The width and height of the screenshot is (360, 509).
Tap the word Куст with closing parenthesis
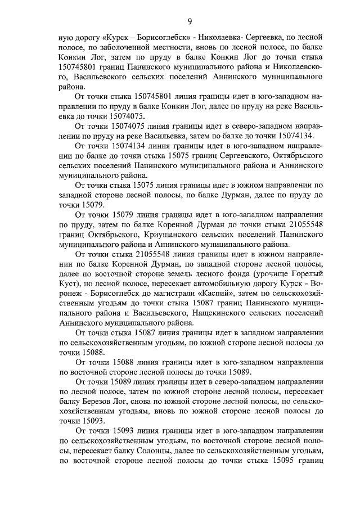[70, 283]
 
